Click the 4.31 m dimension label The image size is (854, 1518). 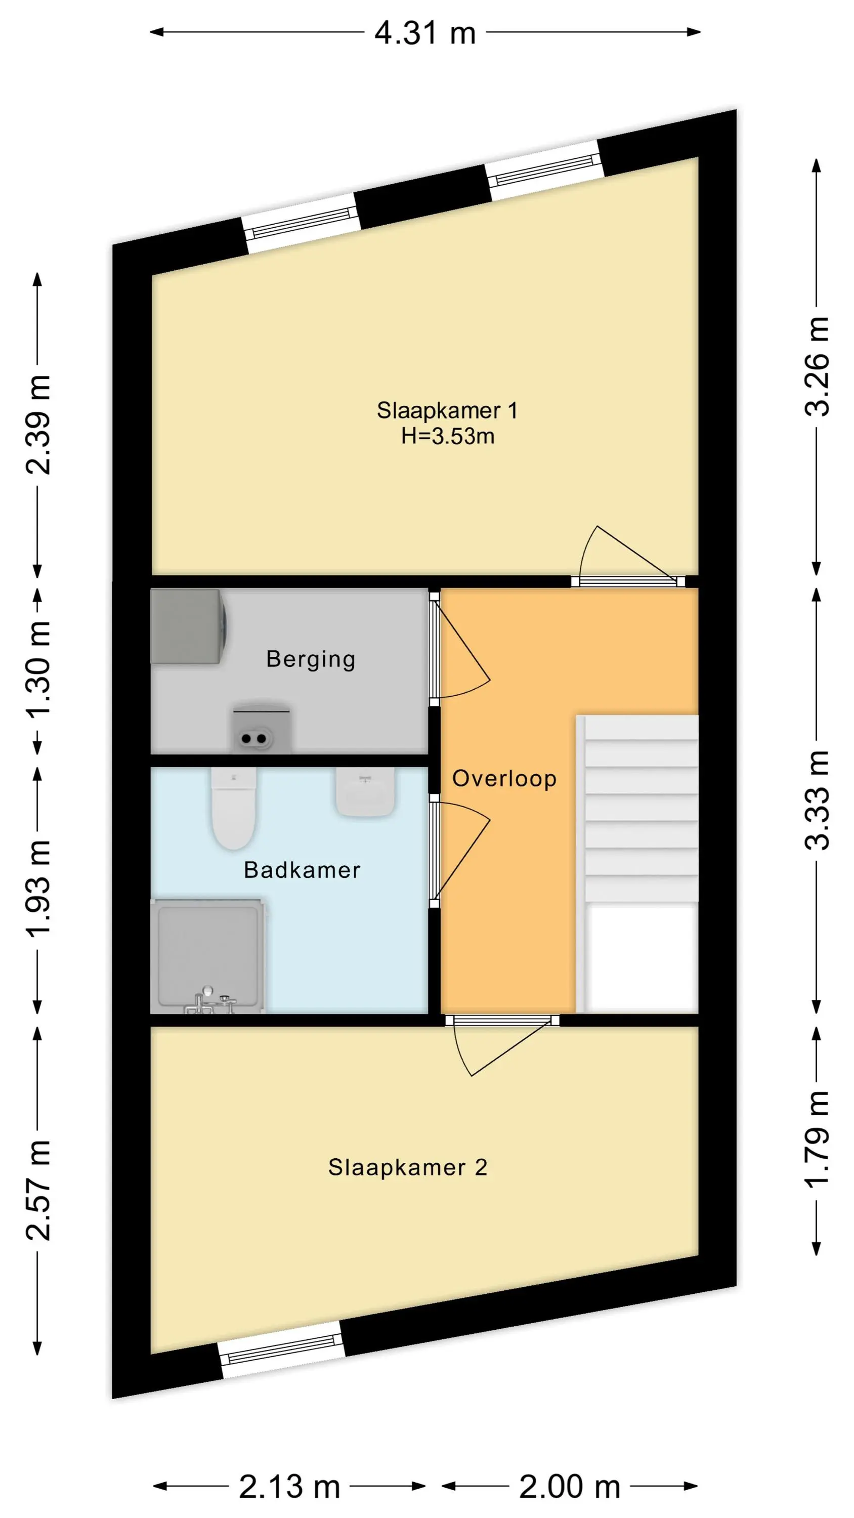(x=425, y=33)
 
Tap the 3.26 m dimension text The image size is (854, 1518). (x=818, y=366)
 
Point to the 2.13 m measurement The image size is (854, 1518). (x=289, y=1486)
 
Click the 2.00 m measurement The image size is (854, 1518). (x=569, y=1486)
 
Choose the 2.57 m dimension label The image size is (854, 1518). (x=38, y=1190)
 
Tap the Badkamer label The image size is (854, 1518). (x=302, y=870)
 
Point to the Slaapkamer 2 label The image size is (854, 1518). (x=407, y=1167)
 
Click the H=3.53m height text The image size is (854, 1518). (x=447, y=437)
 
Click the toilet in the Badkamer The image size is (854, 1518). (x=233, y=807)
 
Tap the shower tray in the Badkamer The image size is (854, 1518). (x=208, y=956)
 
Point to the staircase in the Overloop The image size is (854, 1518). (x=637, y=864)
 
